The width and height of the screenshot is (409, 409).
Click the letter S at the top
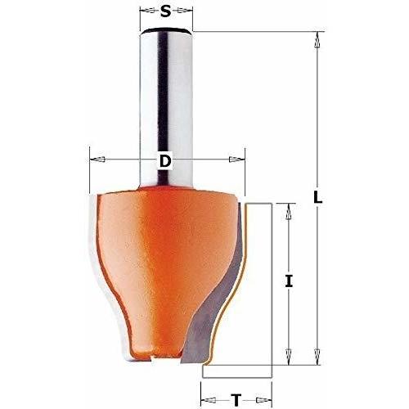(165, 11)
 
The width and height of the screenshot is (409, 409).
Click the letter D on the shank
(165, 161)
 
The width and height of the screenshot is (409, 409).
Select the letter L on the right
(317, 197)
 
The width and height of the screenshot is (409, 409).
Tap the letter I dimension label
(289, 281)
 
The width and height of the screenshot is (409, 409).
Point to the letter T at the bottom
(236, 400)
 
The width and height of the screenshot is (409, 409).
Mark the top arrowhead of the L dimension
(317, 40)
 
